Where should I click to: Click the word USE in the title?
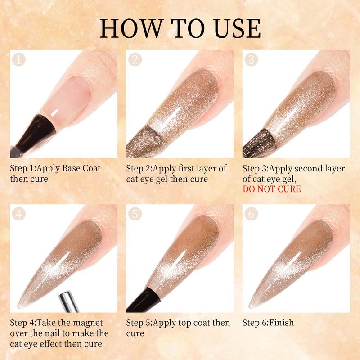237,28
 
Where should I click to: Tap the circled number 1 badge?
18,60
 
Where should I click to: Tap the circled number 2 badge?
135,60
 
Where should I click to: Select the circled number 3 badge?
251,60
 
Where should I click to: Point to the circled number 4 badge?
18,214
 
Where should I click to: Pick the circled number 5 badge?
135,214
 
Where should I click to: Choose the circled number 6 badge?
251,214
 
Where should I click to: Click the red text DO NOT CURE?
272,189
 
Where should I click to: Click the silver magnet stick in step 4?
69,301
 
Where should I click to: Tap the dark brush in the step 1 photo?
35,135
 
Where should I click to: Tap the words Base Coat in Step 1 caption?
81,168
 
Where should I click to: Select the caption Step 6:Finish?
268,323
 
